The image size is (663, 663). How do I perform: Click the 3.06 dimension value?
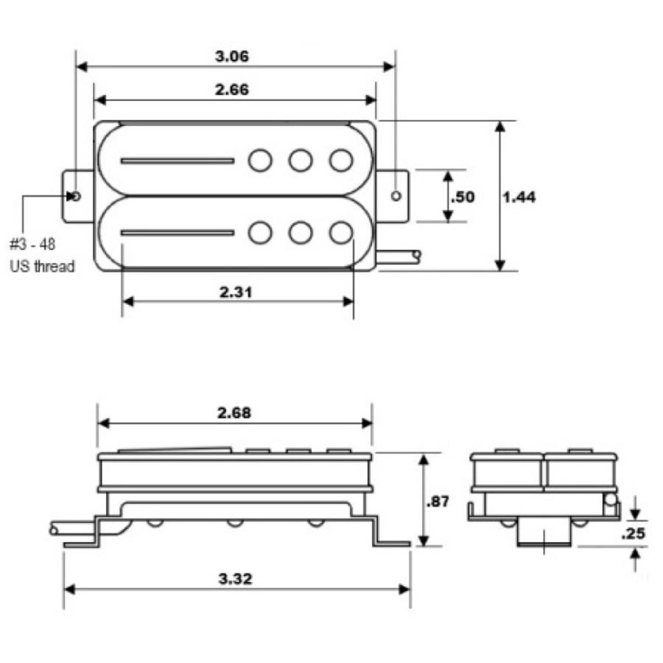pyautogui.click(x=232, y=56)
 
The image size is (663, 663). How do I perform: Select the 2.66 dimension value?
pyautogui.click(x=232, y=90)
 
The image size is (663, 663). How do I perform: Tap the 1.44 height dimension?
pyautogui.click(x=519, y=197)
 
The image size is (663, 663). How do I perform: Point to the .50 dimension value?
pyautogui.click(x=463, y=197)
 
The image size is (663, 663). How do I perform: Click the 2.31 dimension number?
pyautogui.click(x=236, y=292)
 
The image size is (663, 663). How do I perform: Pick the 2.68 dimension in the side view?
pyautogui.click(x=234, y=413)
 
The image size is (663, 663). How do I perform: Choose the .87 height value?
pyautogui.click(x=438, y=502)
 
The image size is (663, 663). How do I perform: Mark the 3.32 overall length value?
pyautogui.click(x=235, y=578)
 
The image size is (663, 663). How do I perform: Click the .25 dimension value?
pyautogui.click(x=633, y=533)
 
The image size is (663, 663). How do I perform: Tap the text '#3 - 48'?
pyautogui.click(x=32, y=245)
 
